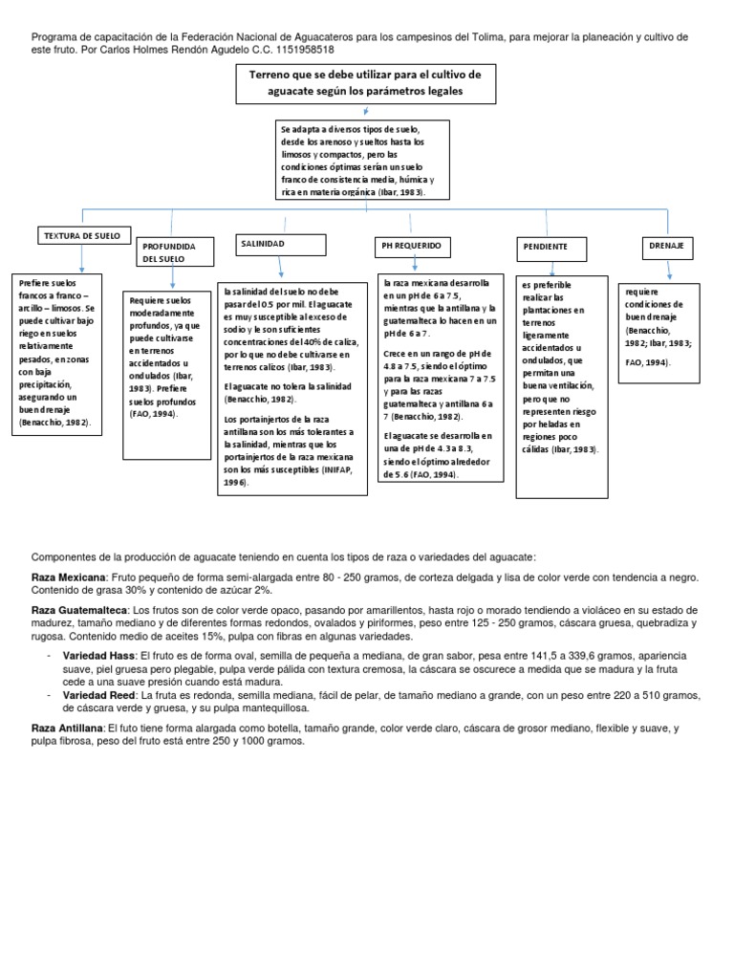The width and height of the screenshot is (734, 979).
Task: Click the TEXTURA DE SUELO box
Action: click(x=80, y=235)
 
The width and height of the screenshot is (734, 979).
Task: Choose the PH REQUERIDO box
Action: click(x=413, y=247)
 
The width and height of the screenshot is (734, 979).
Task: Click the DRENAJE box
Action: click(x=666, y=247)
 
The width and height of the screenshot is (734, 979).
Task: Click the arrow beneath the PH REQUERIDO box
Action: click(x=413, y=265)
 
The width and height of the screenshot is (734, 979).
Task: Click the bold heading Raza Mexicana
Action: click(x=68, y=577)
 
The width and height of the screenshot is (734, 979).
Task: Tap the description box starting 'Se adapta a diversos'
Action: click(x=356, y=160)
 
